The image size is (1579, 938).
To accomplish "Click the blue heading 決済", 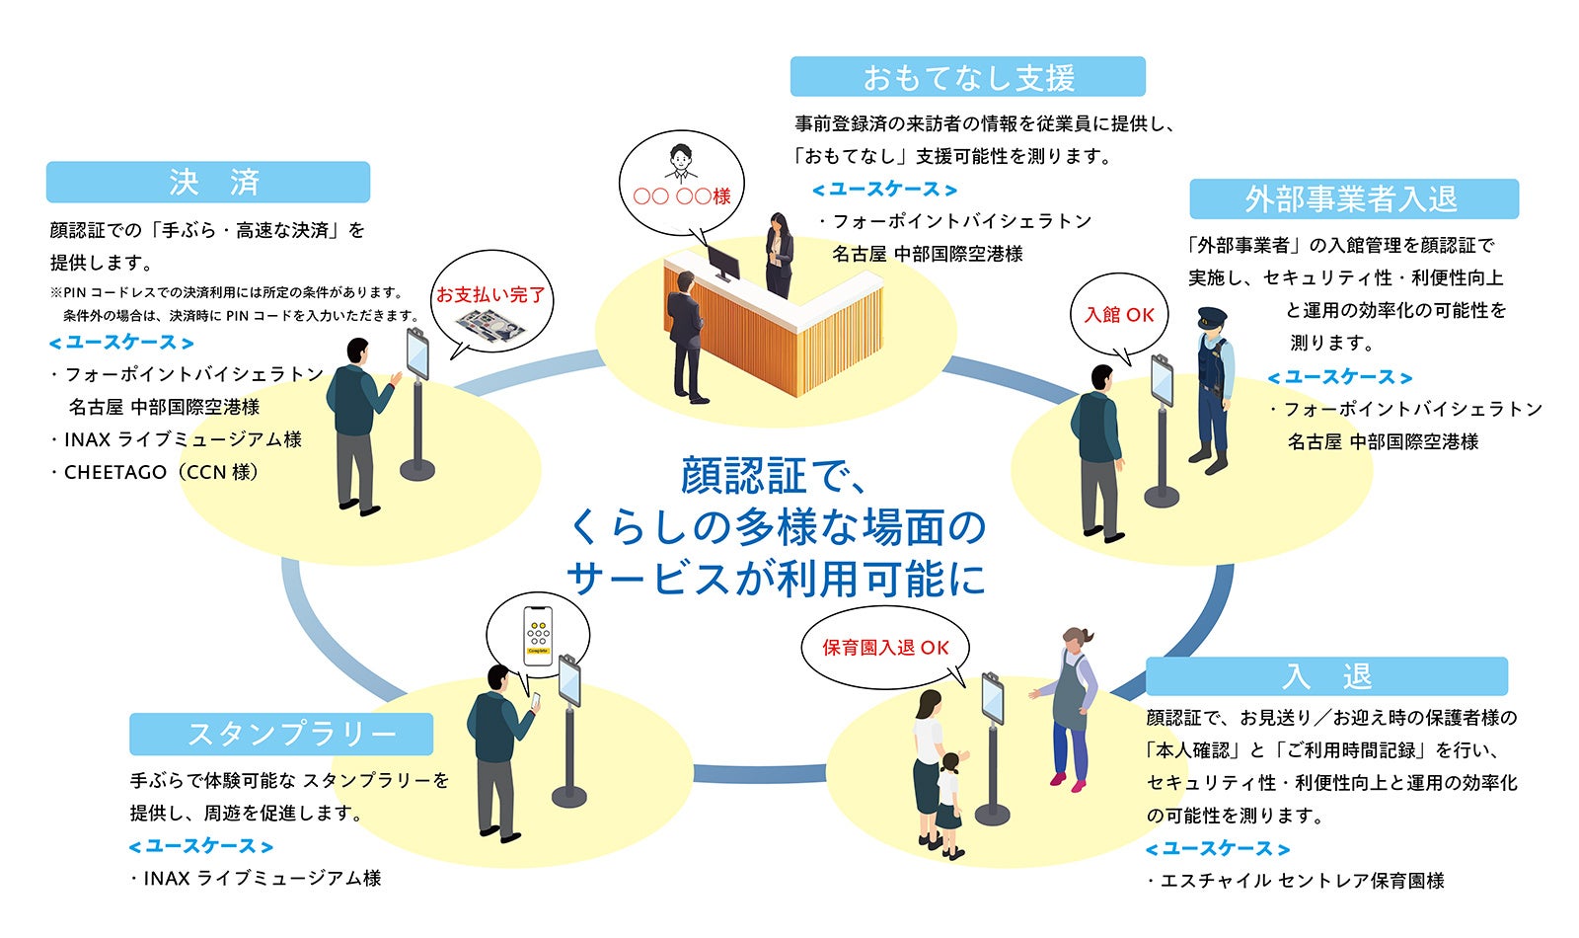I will pyautogui.click(x=208, y=183).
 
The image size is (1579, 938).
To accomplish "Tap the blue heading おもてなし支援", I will pyautogui.click(x=967, y=77).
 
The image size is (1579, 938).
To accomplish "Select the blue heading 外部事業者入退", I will pyautogui.click(x=1352, y=199).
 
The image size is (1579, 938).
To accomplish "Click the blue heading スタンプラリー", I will pyautogui.click(x=281, y=735).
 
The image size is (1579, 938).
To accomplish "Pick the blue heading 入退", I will pyautogui.click(x=1326, y=676).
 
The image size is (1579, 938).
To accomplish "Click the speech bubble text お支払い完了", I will pyautogui.click(x=490, y=294).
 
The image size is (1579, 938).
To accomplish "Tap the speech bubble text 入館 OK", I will pyautogui.click(x=1119, y=315).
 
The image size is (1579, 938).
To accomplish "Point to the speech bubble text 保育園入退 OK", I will pyautogui.click(x=885, y=648).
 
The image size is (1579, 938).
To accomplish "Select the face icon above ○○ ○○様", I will pyautogui.click(x=680, y=162).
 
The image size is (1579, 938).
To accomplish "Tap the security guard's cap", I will pyautogui.click(x=1212, y=318).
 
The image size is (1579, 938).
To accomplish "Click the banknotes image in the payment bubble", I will pyautogui.click(x=491, y=326).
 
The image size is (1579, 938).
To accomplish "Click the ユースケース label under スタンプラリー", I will pyautogui.click(x=201, y=846).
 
